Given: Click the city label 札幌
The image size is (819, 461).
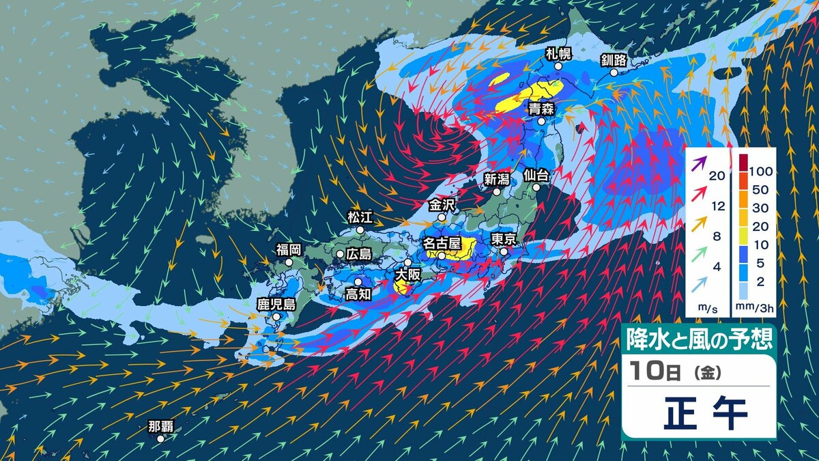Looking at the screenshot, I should [x=558, y=53].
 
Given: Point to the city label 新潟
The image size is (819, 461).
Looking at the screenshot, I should [x=498, y=180].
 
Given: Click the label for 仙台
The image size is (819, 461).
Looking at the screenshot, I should [x=536, y=174].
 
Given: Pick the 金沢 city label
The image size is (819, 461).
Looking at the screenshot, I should [x=442, y=204].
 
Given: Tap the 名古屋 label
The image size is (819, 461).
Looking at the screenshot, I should [x=442, y=243].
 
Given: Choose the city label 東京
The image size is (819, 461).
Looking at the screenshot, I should [x=506, y=239].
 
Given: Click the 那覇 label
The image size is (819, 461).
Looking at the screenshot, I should [x=161, y=427].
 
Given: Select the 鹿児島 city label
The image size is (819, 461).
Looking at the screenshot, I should [x=276, y=305].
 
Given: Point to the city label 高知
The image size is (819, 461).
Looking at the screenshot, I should [x=358, y=294].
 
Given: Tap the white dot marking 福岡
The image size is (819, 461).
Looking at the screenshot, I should [x=289, y=262].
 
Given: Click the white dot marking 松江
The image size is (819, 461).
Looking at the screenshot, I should [x=360, y=229].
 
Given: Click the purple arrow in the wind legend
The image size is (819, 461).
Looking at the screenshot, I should [x=697, y=163].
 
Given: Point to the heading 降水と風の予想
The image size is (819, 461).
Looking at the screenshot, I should [x=699, y=338].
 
